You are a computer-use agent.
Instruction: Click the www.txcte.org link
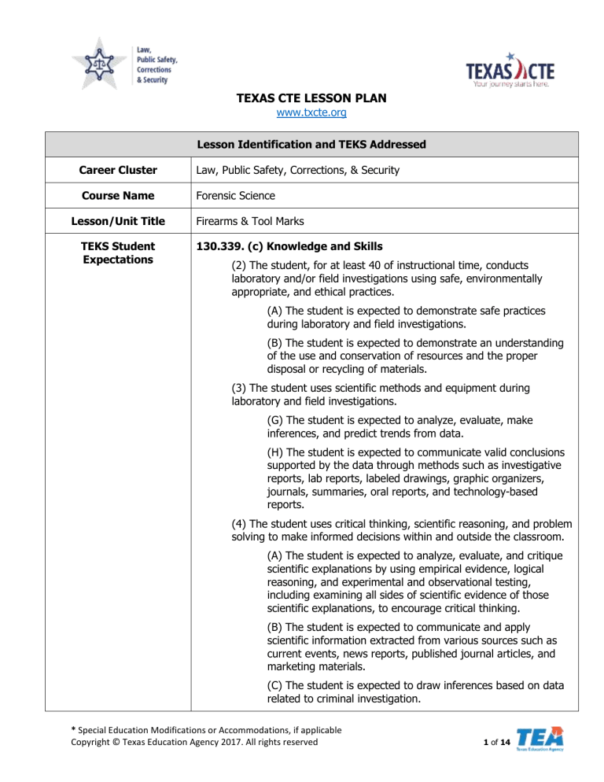tap(302, 113)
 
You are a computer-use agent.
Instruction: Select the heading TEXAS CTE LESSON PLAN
tap(302, 99)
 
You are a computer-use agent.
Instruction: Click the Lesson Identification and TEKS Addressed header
tap(302, 144)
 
